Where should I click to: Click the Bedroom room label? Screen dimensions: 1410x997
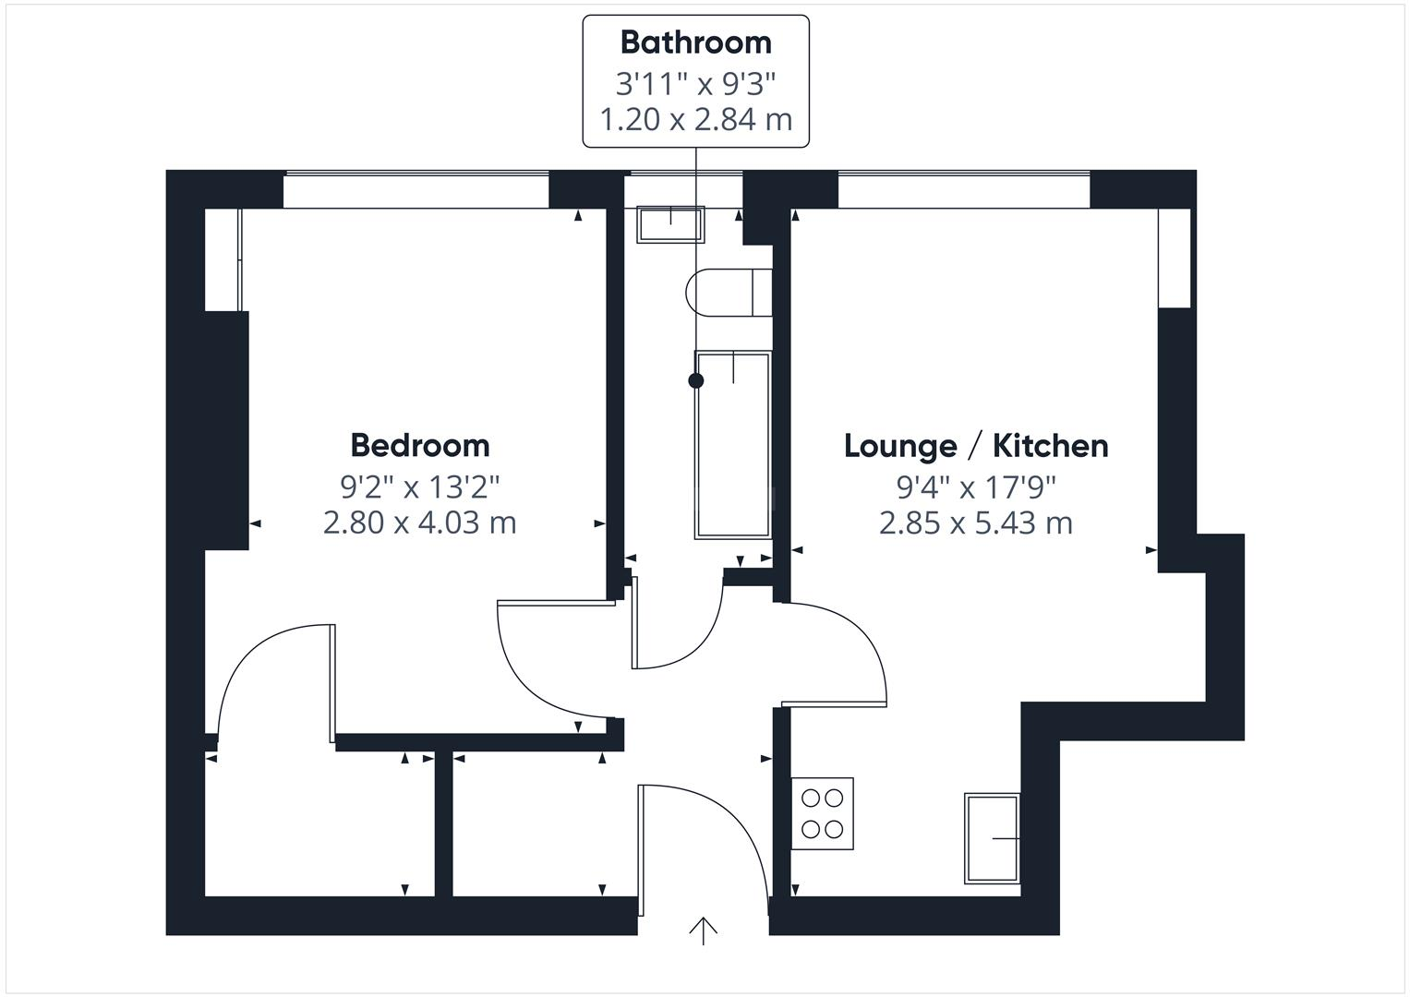(x=420, y=445)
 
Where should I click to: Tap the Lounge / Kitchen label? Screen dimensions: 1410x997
(x=976, y=446)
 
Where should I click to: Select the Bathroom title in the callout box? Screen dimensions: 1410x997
(x=695, y=42)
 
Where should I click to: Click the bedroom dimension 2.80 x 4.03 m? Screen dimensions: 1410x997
(x=420, y=523)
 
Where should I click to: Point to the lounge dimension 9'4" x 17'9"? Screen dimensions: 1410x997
(x=976, y=485)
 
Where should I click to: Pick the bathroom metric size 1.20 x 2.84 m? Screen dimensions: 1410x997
(x=695, y=119)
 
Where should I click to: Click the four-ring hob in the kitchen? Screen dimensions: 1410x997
(x=822, y=813)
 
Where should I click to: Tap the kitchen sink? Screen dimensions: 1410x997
(x=992, y=837)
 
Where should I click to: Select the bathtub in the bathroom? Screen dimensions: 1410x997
(x=733, y=444)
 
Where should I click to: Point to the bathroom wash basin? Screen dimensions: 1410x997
(x=670, y=222)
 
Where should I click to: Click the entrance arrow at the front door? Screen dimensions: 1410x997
(x=704, y=930)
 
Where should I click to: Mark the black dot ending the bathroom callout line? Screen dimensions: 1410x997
(x=695, y=380)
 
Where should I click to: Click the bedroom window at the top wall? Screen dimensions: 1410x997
(x=416, y=191)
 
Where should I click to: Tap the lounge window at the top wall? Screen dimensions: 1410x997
(x=963, y=191)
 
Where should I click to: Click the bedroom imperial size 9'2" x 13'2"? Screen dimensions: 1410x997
(x=420, y=485)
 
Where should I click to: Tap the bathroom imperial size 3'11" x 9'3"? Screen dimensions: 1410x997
(x=695, y=83)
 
